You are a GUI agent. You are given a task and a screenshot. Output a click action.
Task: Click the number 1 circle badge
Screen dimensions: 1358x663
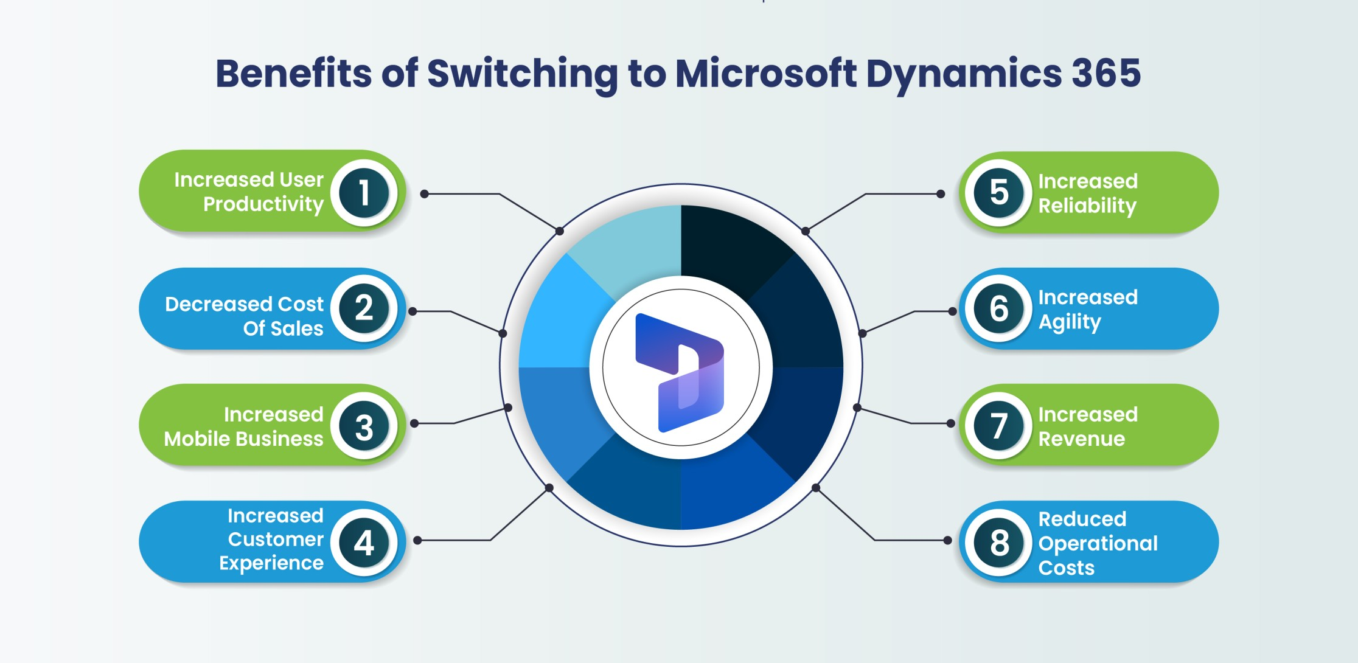pyautogui.click(x=364, y=193)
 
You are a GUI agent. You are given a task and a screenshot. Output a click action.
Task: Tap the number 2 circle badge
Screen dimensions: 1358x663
pyautogui.click(x=364, y=308)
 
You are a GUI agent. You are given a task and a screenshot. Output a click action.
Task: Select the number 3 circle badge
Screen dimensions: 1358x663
pyautogui.click(x=364, y=426)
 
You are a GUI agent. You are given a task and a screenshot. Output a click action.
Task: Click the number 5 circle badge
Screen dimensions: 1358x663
pyautogui.click(x=999, y=193)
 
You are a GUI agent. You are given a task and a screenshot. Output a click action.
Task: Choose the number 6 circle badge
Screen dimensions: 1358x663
pyautogui.click(x=999, y=308)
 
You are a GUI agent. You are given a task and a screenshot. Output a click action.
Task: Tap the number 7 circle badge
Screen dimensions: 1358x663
pyautogui.click(x=999, y=426)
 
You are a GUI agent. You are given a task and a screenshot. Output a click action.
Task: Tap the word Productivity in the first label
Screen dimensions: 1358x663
pyautogui.click(x=263, y=204)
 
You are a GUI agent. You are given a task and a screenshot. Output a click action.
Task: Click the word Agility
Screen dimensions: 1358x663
pyautogui.click(x=1070, y=322)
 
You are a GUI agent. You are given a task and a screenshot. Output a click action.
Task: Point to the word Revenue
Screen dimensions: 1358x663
pyautogui.click(x=1082, y=439)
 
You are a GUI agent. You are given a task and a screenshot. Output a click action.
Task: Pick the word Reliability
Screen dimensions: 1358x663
pyautogui.click(x=1087, y=206)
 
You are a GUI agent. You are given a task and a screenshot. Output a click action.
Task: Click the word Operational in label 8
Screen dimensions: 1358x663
pyautogui.click(x=1098, y=544)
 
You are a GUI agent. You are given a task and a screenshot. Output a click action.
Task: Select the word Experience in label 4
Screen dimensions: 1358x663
pyautogui.click(x=271, y=563)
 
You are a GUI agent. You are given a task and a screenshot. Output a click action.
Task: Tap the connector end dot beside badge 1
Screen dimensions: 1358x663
pyautogui.click(x=425, y=194)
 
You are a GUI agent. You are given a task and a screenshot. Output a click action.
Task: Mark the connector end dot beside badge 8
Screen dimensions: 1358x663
pyautogui.click(x=947, y=540)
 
